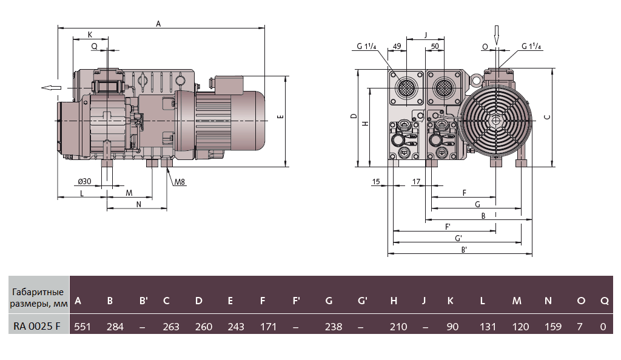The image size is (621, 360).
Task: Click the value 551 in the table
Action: (82, 327)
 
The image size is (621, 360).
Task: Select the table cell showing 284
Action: (115, 327)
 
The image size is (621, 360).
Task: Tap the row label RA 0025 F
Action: (37, 327)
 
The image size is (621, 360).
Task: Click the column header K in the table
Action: (451, 301)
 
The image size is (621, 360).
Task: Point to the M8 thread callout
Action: (179, 182)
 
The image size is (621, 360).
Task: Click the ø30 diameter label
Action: (85, 182)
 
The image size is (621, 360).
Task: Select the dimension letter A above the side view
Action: (158, 24)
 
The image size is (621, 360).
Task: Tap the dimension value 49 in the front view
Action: (397, 46)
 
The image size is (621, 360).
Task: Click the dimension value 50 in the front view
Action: (435, 46)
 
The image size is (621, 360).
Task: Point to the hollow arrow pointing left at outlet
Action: (51, 88)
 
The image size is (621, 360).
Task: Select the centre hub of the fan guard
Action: (497, 120)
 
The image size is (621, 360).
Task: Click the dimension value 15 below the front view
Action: (376, 182)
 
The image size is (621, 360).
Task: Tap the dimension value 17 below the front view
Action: (416, 182)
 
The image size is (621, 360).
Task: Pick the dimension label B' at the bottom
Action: (464, 249)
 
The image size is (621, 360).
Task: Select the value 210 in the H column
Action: (398, 327)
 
